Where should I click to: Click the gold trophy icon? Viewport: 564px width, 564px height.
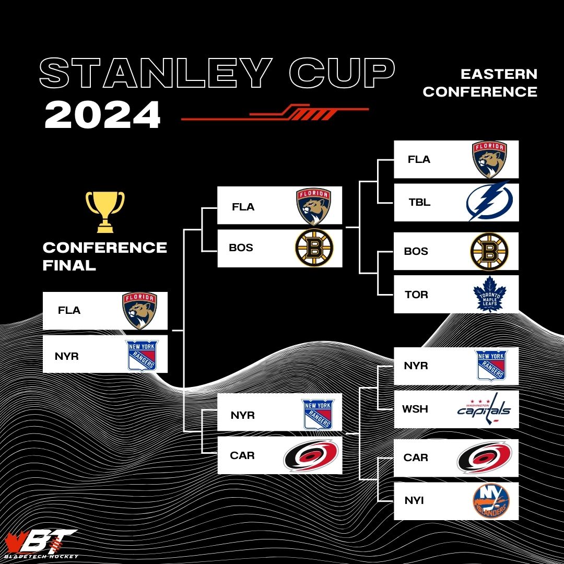click(x=105, y=211)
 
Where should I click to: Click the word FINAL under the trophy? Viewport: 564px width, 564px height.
click(x=69, y=265)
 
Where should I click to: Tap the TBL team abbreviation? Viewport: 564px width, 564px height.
click(x=419, y=202)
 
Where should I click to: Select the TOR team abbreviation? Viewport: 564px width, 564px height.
click(x=416, y=295)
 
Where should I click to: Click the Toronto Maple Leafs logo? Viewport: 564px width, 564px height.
click(x=490, y=294)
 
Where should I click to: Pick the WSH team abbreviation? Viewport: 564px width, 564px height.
click(x=415, y=409)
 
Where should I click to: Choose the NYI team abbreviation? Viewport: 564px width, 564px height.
click(x=414, y=501)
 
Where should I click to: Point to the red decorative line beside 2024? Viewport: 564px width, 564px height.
click(x=275, y=114)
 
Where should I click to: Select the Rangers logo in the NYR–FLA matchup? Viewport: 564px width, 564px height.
click(x=142, y=355)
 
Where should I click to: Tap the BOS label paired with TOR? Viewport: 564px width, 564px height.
click(x=416, y=251)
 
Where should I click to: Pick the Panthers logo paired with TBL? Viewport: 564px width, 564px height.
click(x=490, y=159)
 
